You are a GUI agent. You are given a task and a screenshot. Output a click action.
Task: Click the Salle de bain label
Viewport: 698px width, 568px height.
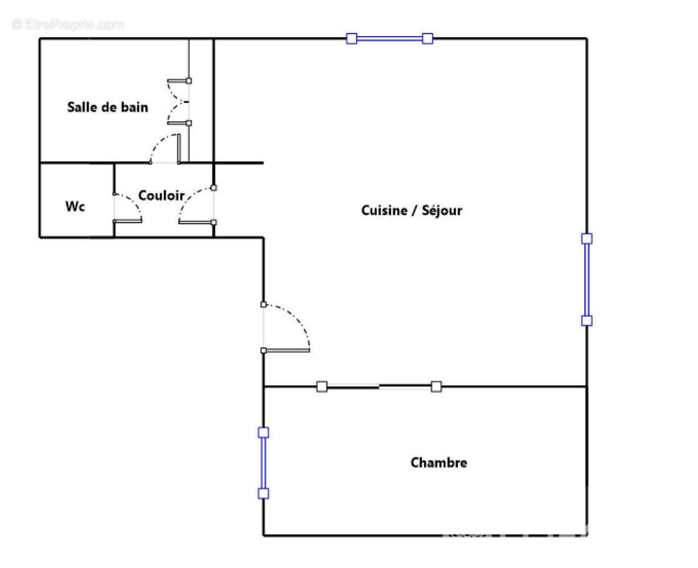(x=108, y=107)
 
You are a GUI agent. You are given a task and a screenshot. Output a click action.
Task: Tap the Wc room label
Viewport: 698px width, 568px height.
(x=75, y=207)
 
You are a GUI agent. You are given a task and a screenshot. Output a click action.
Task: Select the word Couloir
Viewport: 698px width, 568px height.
(x=161, y=195)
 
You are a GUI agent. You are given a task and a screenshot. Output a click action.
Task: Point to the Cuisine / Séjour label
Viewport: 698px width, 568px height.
(x=412, y=210)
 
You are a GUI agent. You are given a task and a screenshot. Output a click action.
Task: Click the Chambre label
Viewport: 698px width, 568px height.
(x=439, y=463)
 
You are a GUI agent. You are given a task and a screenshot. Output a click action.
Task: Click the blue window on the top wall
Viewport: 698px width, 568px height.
(x=389, y=39)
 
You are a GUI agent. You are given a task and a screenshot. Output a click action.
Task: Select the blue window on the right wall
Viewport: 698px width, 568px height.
(x=587, y=280)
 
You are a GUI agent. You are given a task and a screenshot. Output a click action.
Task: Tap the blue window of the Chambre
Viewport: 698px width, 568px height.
(x=263, y=463)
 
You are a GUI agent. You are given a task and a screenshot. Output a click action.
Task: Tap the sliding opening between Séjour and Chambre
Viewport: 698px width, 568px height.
(x=379, y=386)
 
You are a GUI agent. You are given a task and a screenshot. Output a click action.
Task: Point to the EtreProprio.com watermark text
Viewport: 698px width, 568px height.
(x=68, y=24)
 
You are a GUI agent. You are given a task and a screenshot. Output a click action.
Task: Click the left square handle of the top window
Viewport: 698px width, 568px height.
(x=351, y=39)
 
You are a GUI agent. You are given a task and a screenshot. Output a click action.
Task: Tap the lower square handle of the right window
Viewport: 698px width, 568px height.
(x=587, y=321)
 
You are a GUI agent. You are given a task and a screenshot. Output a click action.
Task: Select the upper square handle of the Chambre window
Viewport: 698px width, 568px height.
(x=263, y=432)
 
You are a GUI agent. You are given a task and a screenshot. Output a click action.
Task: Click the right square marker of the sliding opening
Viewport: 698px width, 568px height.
(x=437, y=386)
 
